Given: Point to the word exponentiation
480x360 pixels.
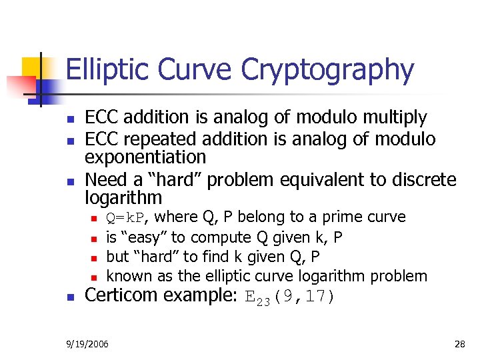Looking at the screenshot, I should pos(145,157).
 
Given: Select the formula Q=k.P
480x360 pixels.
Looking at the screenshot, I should pos(128,217).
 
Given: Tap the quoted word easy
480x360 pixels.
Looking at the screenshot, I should pos(143,237).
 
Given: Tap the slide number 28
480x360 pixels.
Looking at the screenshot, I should pos(459,343).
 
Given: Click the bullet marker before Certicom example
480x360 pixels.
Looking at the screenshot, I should pos(71,297).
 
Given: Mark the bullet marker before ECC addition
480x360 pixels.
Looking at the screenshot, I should pos(71,119).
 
